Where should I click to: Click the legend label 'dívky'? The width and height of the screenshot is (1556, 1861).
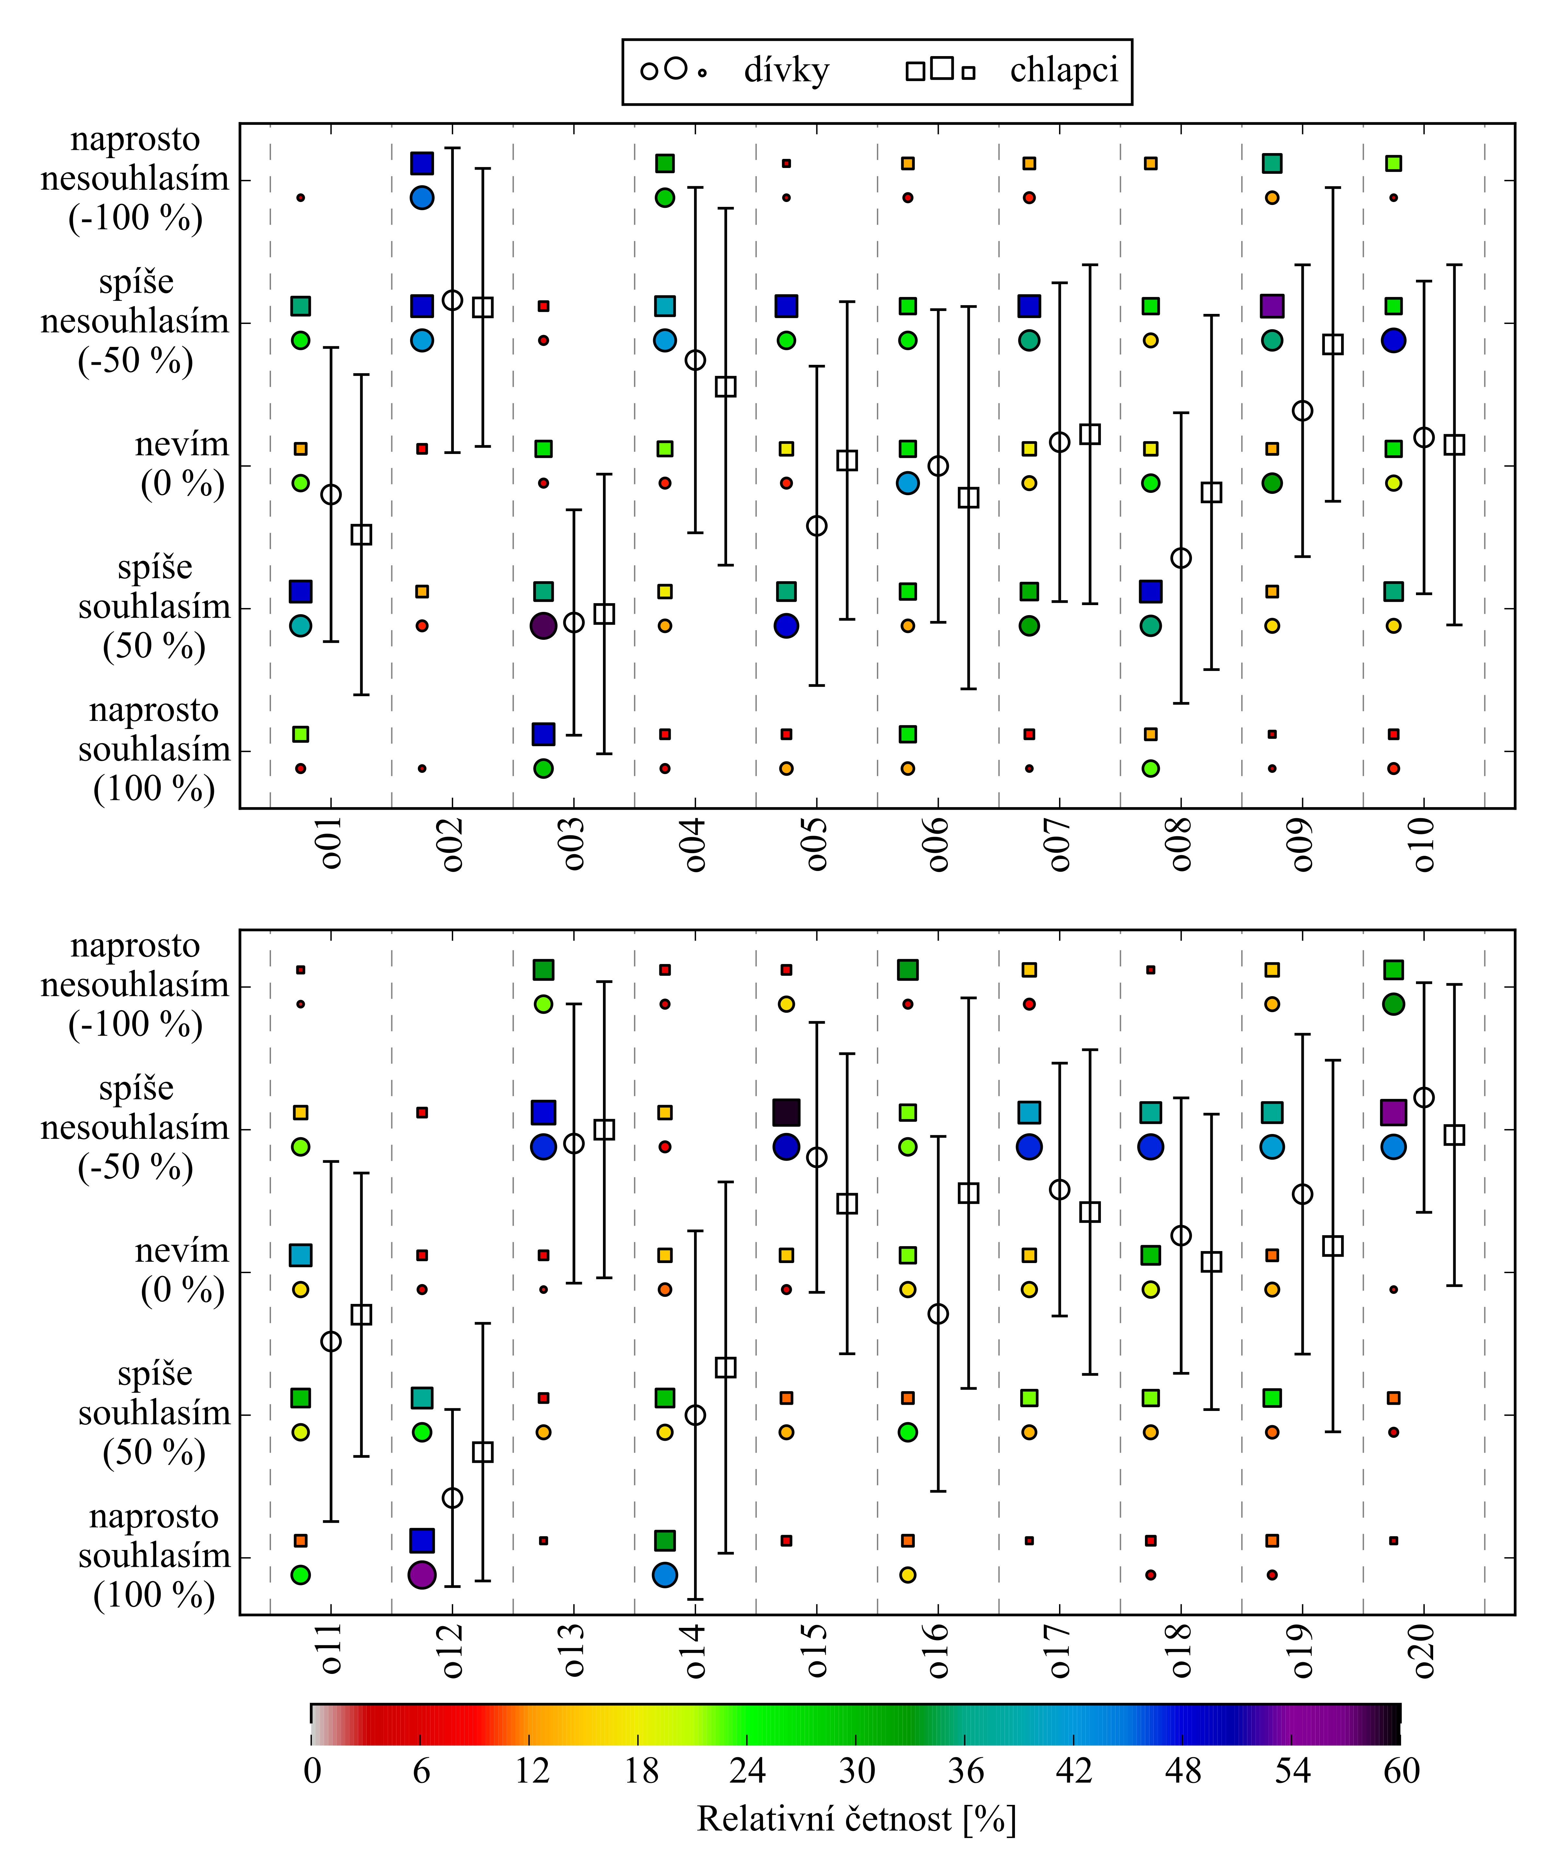point(786,71)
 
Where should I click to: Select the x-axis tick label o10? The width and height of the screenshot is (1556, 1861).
point(1423,844)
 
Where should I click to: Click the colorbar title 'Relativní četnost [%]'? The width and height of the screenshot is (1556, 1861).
point(856,1819)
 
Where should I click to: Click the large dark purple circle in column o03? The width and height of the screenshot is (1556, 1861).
point(543,626)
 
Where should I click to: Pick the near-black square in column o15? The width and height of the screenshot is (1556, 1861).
point(786,1112)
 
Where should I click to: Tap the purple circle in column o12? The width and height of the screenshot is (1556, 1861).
point(422,1575)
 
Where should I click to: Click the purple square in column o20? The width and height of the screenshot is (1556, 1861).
point(1393,1112)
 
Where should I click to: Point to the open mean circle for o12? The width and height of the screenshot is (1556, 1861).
point(452,1498)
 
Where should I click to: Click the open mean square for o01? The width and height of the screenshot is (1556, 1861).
point(361,534)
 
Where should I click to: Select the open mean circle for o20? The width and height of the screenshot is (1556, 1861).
point(1423,1097)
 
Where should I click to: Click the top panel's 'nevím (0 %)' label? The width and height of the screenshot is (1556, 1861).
point(182,464)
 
